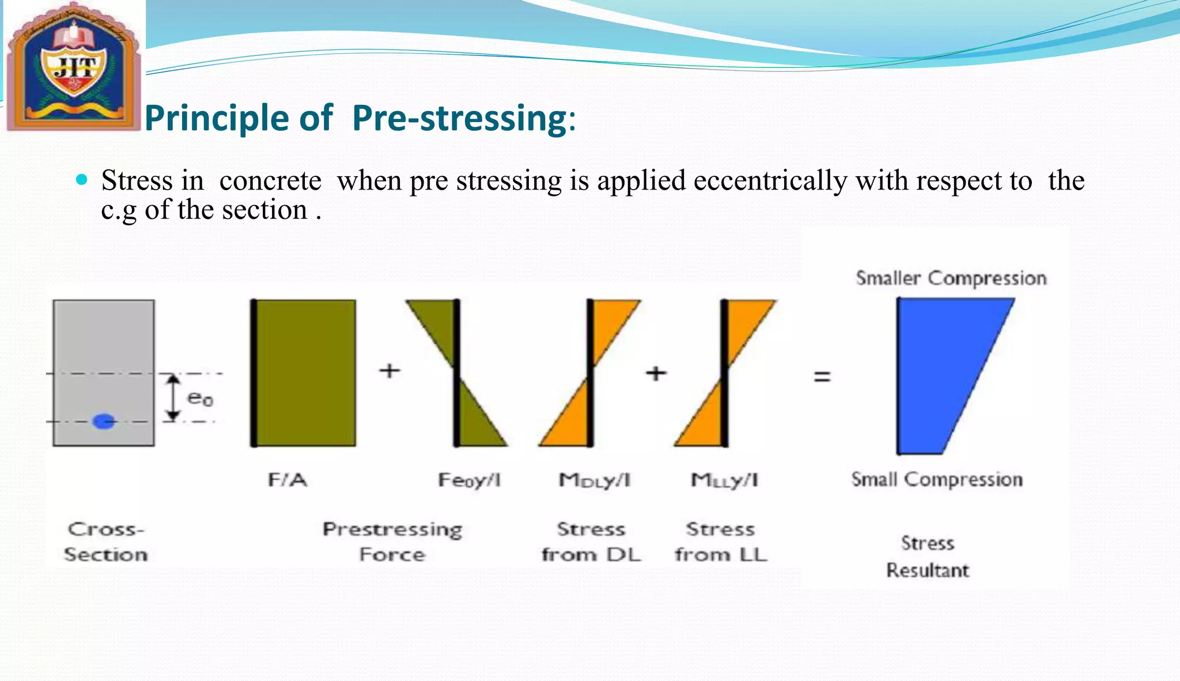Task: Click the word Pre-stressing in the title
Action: (x=459, y=118)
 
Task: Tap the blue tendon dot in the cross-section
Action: (x=104, y=421)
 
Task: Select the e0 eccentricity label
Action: (x=200, y=398)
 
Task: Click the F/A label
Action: (x=288, y=479)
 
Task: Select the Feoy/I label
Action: (x=469, y=480)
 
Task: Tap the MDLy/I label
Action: (x=595, y=480)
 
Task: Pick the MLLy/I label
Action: (x=724, y=480)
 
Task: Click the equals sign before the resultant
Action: (x=822, y=377)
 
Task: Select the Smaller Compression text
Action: (x=951, y=278)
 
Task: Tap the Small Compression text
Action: (x=937, y=479)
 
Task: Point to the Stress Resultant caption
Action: (x=928, y=557)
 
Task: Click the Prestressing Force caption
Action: (x=392, y=542)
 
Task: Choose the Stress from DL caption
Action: (x=591, y=542)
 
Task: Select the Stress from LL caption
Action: (x=721, y=542)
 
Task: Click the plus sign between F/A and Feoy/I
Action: (x=389, y=370)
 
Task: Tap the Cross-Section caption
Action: (x=105, y=542)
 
